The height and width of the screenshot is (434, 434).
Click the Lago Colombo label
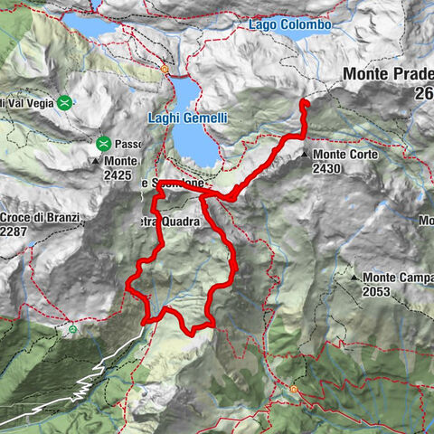pyautogui.click(x=289, y=24)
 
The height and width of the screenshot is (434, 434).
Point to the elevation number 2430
pyautogui.click(x=326, y=169)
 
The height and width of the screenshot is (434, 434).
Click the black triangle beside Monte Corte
pyautogui.click(x=306, y=156)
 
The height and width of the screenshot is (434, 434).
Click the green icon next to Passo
pyautogui.click(x=104, y=143)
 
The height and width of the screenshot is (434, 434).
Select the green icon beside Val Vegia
pyautogui.click(x=64, y=102)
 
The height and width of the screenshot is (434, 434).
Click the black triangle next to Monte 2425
pyautogui.click(x=96, y=160)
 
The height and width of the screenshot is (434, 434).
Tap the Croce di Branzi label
pyautogui.click(x=40, y=218)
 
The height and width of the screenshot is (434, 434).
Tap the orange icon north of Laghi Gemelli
pyautogui.click(x=165, y=68)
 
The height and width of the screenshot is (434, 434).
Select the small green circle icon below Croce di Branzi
pyautogui.click(x=71, y=329)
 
